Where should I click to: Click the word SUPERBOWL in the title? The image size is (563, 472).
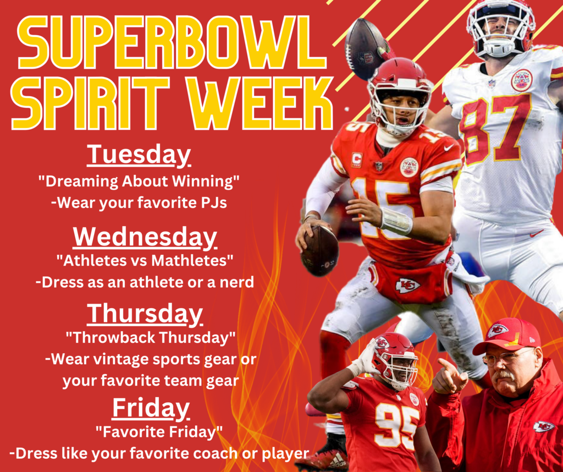click(172, 42)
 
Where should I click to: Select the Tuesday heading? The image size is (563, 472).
click(139, 155)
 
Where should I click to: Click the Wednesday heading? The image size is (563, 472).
click(145, 237)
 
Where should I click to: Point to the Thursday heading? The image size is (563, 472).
click(145, 314)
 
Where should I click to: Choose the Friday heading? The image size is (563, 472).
click(151, 408)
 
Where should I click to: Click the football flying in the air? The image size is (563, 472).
click(365, 48)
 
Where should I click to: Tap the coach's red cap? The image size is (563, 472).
click(507, 335)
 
